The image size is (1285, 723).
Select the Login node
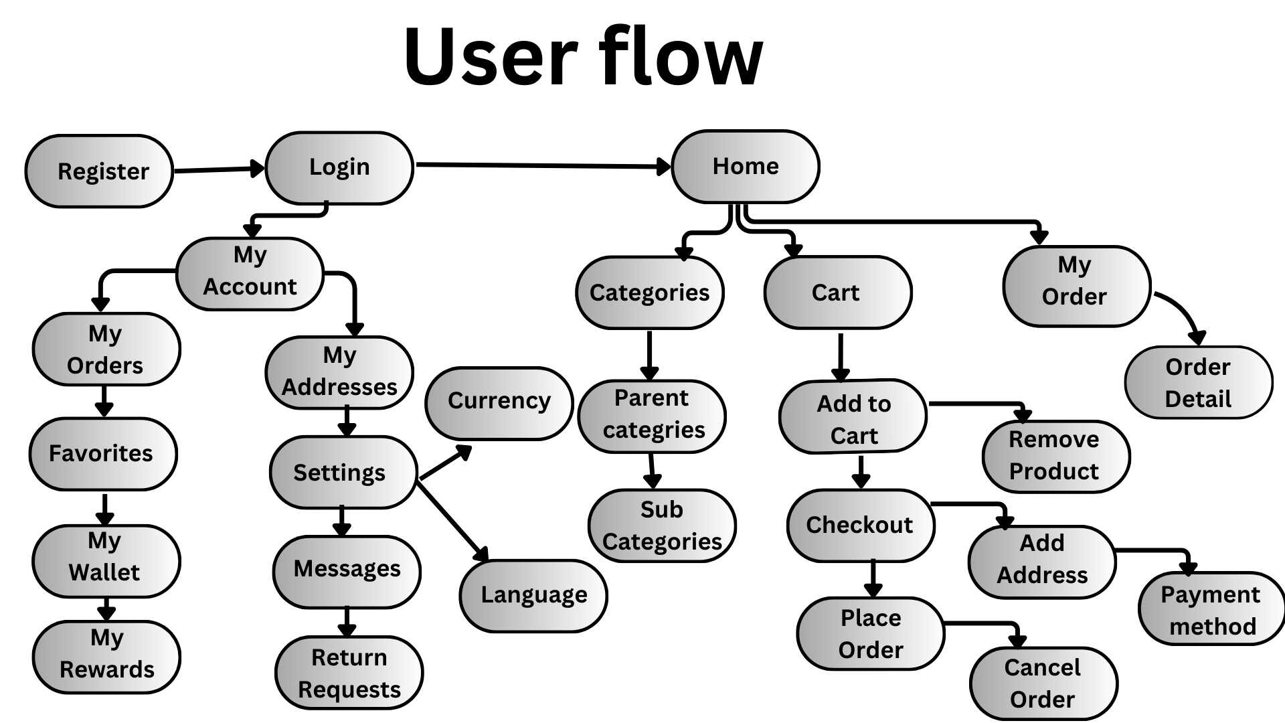339,167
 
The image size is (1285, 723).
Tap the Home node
746,166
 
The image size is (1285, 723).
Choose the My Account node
250,273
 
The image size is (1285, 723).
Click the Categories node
649,293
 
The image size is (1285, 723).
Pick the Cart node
837,293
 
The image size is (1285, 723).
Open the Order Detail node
1198,383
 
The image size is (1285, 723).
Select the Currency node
499,402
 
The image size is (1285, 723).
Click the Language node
533,595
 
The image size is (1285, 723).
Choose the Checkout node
860,526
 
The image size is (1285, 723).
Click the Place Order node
870,633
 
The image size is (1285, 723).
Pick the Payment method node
1211,610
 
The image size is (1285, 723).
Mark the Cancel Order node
1043,683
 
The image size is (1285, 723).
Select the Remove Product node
1055,456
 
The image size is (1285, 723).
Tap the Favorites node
102,454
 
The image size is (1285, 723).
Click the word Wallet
104,573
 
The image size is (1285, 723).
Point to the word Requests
349,690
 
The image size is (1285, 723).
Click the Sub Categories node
661,526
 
